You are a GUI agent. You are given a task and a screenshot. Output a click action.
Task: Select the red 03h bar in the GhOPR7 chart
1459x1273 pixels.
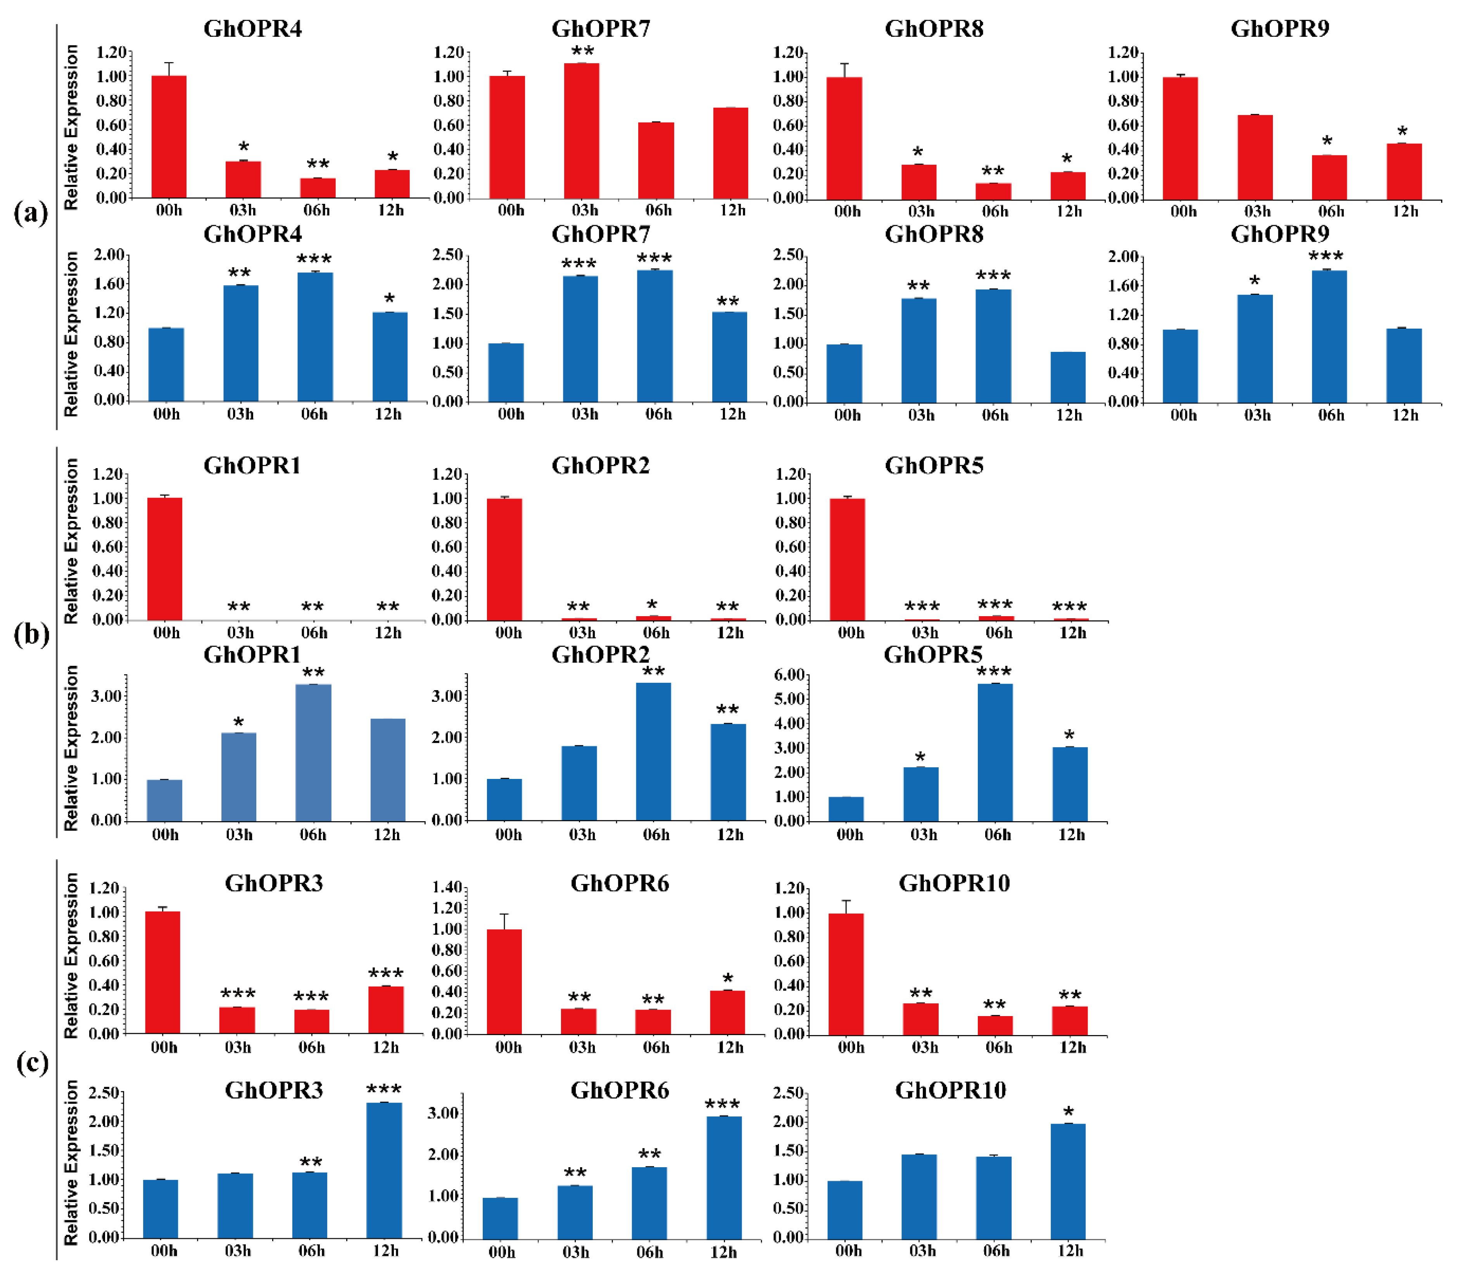[x=581, y=131]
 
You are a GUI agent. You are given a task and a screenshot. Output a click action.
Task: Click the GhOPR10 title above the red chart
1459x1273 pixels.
[x=954, y=883]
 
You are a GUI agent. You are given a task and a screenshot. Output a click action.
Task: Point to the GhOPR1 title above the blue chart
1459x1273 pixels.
[x=252, y=654]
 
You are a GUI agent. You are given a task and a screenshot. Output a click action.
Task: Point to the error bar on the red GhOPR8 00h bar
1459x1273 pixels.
[x=844, y=70]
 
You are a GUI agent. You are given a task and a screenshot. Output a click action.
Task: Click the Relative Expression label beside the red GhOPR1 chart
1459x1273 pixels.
[x=71, y=541]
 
